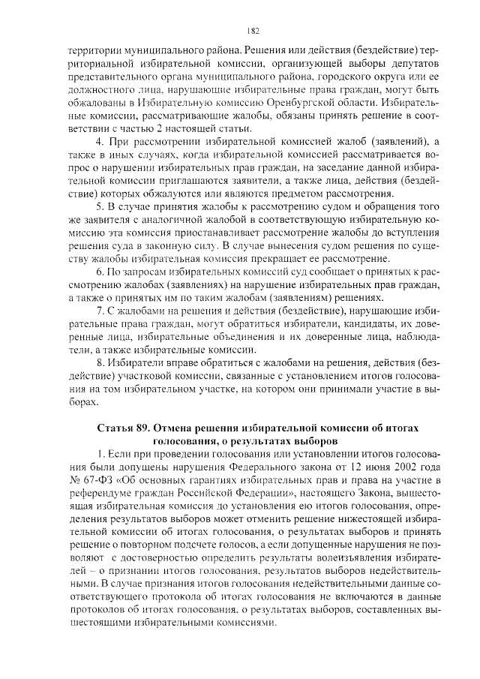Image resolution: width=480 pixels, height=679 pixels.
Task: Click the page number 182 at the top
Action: pyautogui.click(x=253, y=31)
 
